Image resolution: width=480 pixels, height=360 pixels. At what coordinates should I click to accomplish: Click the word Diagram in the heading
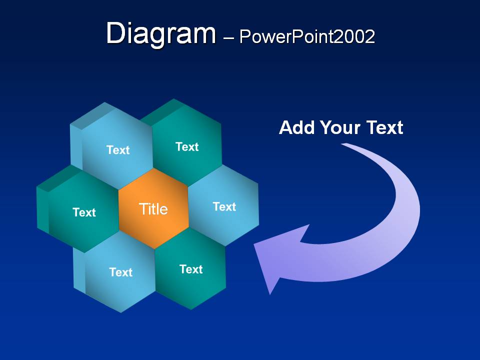tap(161, 33)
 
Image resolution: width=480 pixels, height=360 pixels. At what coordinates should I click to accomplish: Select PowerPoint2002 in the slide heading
tap(307, 36)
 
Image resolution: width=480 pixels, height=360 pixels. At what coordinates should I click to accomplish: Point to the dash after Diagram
tap(228, 38)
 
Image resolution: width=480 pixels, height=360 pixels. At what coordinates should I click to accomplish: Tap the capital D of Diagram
tap(115, 33)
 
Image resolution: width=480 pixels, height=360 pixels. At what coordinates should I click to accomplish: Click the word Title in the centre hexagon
tap(153, 209)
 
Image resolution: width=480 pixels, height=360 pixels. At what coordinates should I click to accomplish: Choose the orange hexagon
tap(153, 208)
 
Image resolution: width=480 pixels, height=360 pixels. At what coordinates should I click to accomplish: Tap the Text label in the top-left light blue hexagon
tap(118, 150)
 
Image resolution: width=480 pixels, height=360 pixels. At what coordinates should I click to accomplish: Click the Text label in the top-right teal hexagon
tap(187, 146)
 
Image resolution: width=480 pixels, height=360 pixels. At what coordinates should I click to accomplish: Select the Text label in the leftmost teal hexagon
tap(84, 212)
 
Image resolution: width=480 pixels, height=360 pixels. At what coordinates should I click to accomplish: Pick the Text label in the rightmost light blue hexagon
tap(224, 206)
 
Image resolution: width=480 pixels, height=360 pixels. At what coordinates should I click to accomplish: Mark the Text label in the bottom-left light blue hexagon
tap(121, 272)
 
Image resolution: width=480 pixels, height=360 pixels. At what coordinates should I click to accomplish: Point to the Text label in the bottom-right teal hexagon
tap(191, 269)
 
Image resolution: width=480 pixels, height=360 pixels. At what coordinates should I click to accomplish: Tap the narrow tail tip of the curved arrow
tap(343, 143)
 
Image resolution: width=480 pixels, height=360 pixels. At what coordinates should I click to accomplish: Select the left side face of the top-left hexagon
tap(76, 147)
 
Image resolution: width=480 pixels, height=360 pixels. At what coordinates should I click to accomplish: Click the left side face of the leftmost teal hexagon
tap(43, 210)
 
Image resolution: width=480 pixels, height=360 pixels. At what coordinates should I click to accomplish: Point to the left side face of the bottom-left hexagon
tap(79, 270)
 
